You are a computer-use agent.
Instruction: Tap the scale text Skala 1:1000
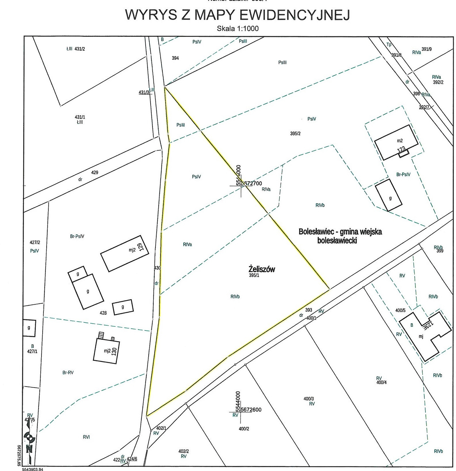click(238, 29)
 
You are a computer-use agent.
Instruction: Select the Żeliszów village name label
click(262, 269)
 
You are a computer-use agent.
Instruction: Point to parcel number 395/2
click(295, 134)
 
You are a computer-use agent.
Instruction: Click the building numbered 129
click(125, 253)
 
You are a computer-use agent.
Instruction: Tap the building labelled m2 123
click(396, 142)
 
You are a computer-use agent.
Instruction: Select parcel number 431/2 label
click(80, 49)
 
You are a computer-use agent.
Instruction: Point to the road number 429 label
click(94, 172)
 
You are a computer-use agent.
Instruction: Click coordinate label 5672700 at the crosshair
click(251, 183)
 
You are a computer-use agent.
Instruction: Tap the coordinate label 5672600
click(251, 410)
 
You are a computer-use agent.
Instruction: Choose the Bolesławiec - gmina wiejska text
click(340, 232)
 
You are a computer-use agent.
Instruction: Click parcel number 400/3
click(309, 399)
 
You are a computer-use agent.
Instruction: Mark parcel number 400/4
click(381, 382)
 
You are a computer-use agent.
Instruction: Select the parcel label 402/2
click(184, 451)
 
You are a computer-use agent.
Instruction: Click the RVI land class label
click(86, 437)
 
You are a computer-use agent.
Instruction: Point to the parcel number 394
click(175, 58)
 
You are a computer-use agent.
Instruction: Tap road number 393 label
click(309, 310)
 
